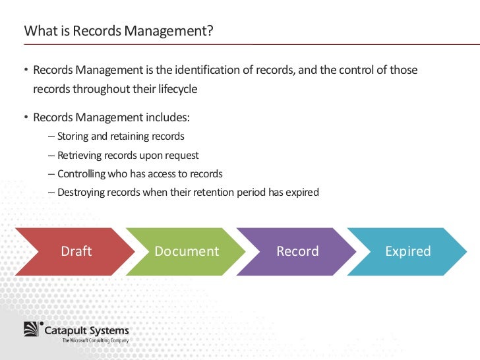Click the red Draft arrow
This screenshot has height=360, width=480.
tap(76, 251)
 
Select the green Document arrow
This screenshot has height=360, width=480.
tap(186, 251)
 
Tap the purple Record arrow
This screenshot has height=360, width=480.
tap(297, 251)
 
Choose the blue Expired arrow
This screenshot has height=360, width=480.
tap(407, 251)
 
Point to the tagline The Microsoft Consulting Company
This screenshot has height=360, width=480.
tap(96, 341)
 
